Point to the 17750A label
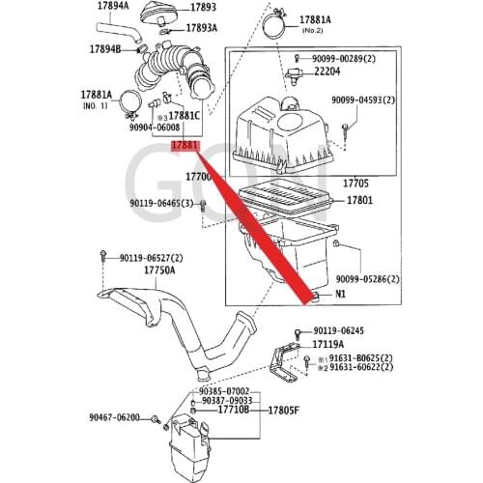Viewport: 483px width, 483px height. coord(160,271)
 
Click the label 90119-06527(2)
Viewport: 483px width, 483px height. coord(153,258)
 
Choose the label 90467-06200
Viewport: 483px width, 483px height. coord(114,417)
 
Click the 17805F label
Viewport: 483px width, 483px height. coord(282,410)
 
